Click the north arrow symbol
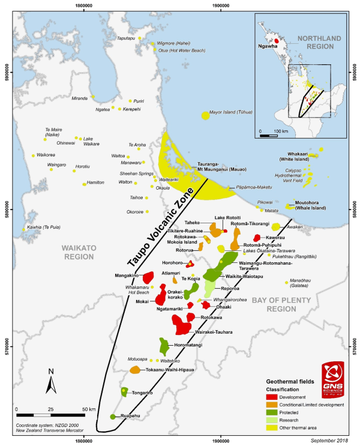(53, 379)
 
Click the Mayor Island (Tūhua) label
(231, 112)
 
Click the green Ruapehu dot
(112, 416)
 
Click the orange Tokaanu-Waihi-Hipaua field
(135, 370)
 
